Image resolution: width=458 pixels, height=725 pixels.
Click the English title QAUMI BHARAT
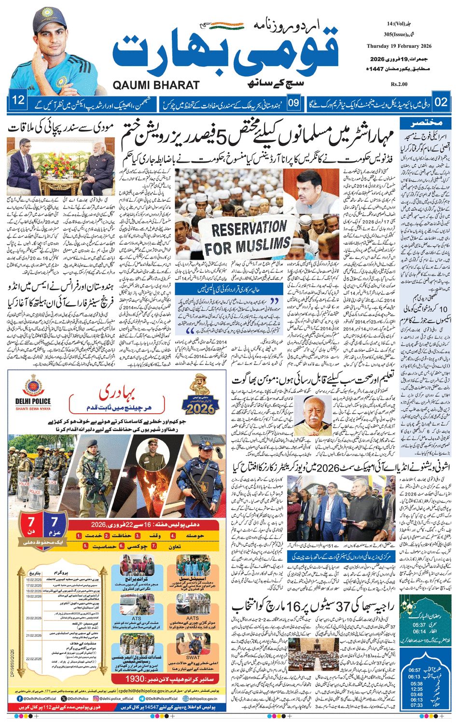coord(156,85)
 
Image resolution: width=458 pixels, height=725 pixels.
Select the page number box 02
coord(441,102)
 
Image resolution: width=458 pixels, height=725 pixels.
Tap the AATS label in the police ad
coord(192,617)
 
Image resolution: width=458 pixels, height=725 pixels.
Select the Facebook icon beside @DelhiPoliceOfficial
coord(20,698)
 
